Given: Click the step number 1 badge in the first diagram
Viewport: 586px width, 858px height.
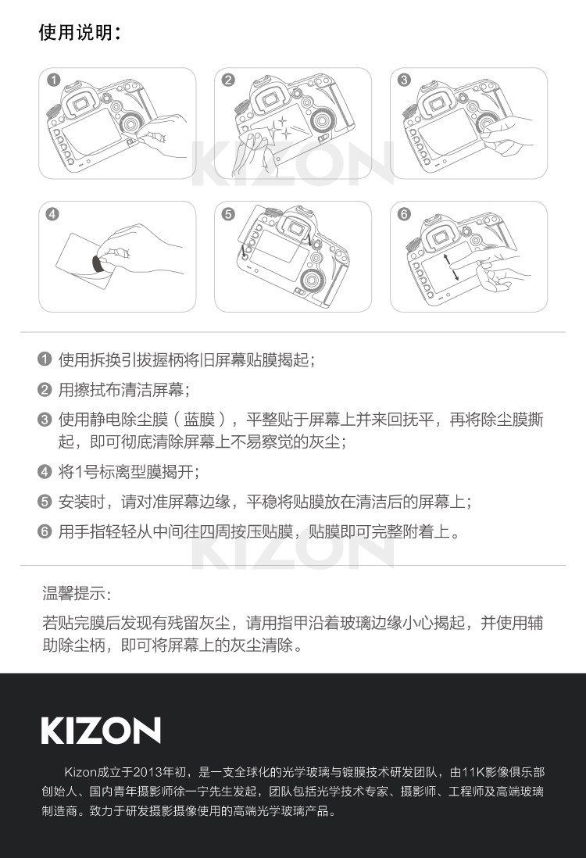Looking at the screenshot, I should (x=53, y=80).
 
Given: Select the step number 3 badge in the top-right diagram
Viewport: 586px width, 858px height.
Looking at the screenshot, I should (x=404, y=80).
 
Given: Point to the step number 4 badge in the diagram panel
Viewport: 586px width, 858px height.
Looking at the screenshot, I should (x=53, y=213).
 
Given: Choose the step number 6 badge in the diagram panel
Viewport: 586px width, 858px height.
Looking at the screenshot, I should (x=404, y=213).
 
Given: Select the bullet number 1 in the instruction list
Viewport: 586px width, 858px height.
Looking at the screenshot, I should (x=45, y=359).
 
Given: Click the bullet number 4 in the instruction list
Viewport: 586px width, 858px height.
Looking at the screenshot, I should (x=45, y=471).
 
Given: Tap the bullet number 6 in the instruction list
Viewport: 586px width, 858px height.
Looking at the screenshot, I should (x=45, y=532).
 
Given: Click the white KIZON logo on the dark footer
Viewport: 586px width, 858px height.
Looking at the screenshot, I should (x=101, y=730).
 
